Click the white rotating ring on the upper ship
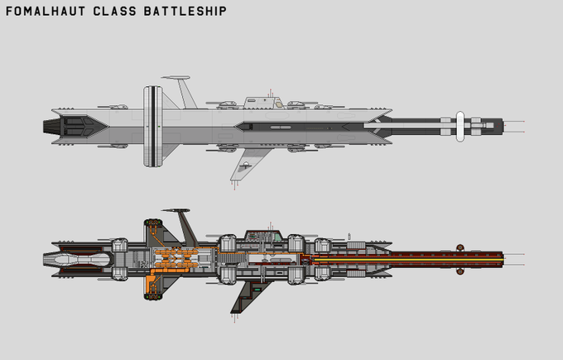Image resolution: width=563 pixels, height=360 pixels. click(151, 125)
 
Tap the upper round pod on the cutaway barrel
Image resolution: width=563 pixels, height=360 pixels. click(457, 246)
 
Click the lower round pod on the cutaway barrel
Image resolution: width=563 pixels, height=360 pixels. click(457, 271)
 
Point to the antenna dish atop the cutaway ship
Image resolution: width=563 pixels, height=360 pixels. click(176, 210)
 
